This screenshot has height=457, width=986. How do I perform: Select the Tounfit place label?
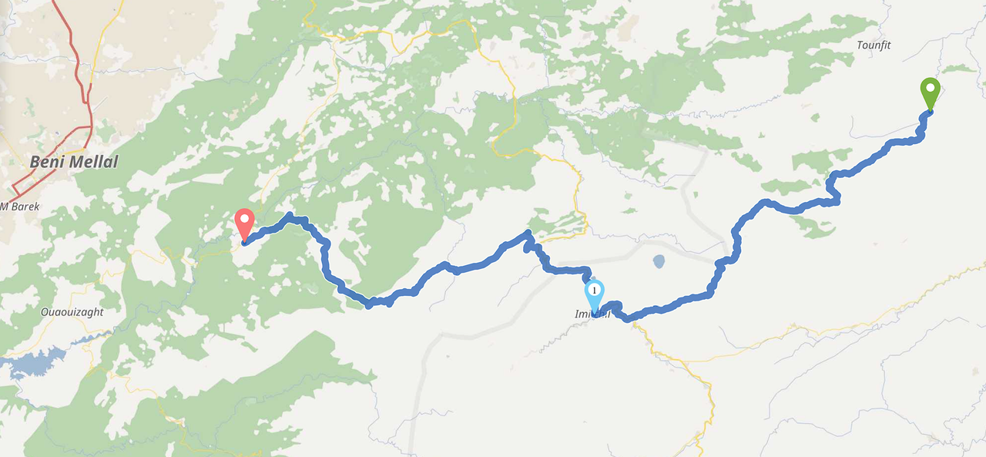(874, 45)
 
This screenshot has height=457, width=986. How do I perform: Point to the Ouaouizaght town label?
(72, 312)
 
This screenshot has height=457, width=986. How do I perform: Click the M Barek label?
(21, 207)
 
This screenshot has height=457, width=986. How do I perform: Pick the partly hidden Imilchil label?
(592, 314)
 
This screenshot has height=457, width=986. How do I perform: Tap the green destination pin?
(930, 93)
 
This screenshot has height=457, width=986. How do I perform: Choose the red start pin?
(244, 224)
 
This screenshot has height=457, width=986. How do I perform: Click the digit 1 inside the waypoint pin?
(594, 291)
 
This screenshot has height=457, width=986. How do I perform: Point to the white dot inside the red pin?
(244, 220)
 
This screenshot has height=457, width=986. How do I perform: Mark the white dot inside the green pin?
(930, 89)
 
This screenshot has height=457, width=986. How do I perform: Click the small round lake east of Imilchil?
(659, 262)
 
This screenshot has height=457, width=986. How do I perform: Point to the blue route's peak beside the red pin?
(290, 216)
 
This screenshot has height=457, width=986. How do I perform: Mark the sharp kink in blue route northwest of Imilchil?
(528, 233)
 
